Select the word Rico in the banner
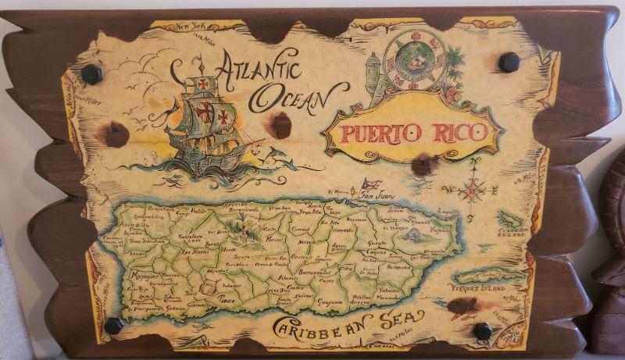pyautogui.click(x=461, y=130)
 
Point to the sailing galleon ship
pyautogui.click(x=205, y=125)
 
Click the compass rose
pyautogui.click(x=471, y=188)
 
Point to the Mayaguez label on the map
pyautogui.click(x=145, y=275)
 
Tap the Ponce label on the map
pyautogui.click(x=227, y=298)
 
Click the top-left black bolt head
pyautogui.click(x=91, y=74)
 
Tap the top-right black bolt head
pyautogui.click(x=509, y=62)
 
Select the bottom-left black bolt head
pyautogui.click(x=113, y=325)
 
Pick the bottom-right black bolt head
pyautogui.click(x=483, y=331)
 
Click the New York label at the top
pyautogui.click(x=192, y=27)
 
